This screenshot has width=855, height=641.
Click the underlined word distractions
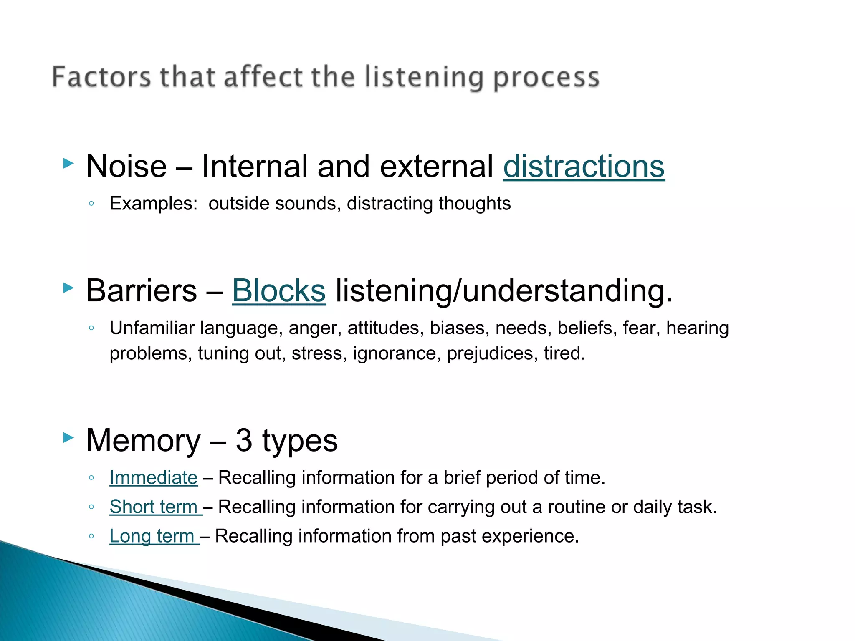(584, 167)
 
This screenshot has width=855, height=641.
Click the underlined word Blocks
(278, 291)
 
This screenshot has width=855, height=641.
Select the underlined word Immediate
(153, 478)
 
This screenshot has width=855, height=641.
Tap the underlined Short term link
(154, 507)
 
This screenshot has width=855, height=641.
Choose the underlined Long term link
(152, 536)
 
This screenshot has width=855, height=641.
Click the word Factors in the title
(101, 77)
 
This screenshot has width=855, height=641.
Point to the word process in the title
(546, 78)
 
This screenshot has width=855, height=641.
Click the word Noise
(126, 167)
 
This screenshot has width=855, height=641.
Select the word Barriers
(141, 291)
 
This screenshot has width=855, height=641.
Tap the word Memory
(143, 441)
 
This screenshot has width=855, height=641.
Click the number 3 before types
(244, 441)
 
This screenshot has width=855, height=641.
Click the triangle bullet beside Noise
(68, 163)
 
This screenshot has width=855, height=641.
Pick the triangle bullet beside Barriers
(68, 287)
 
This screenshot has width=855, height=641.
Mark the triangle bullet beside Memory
(68, 437)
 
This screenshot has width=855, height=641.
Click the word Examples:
(153, 204)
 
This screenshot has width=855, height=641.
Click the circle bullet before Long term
(91, 536)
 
